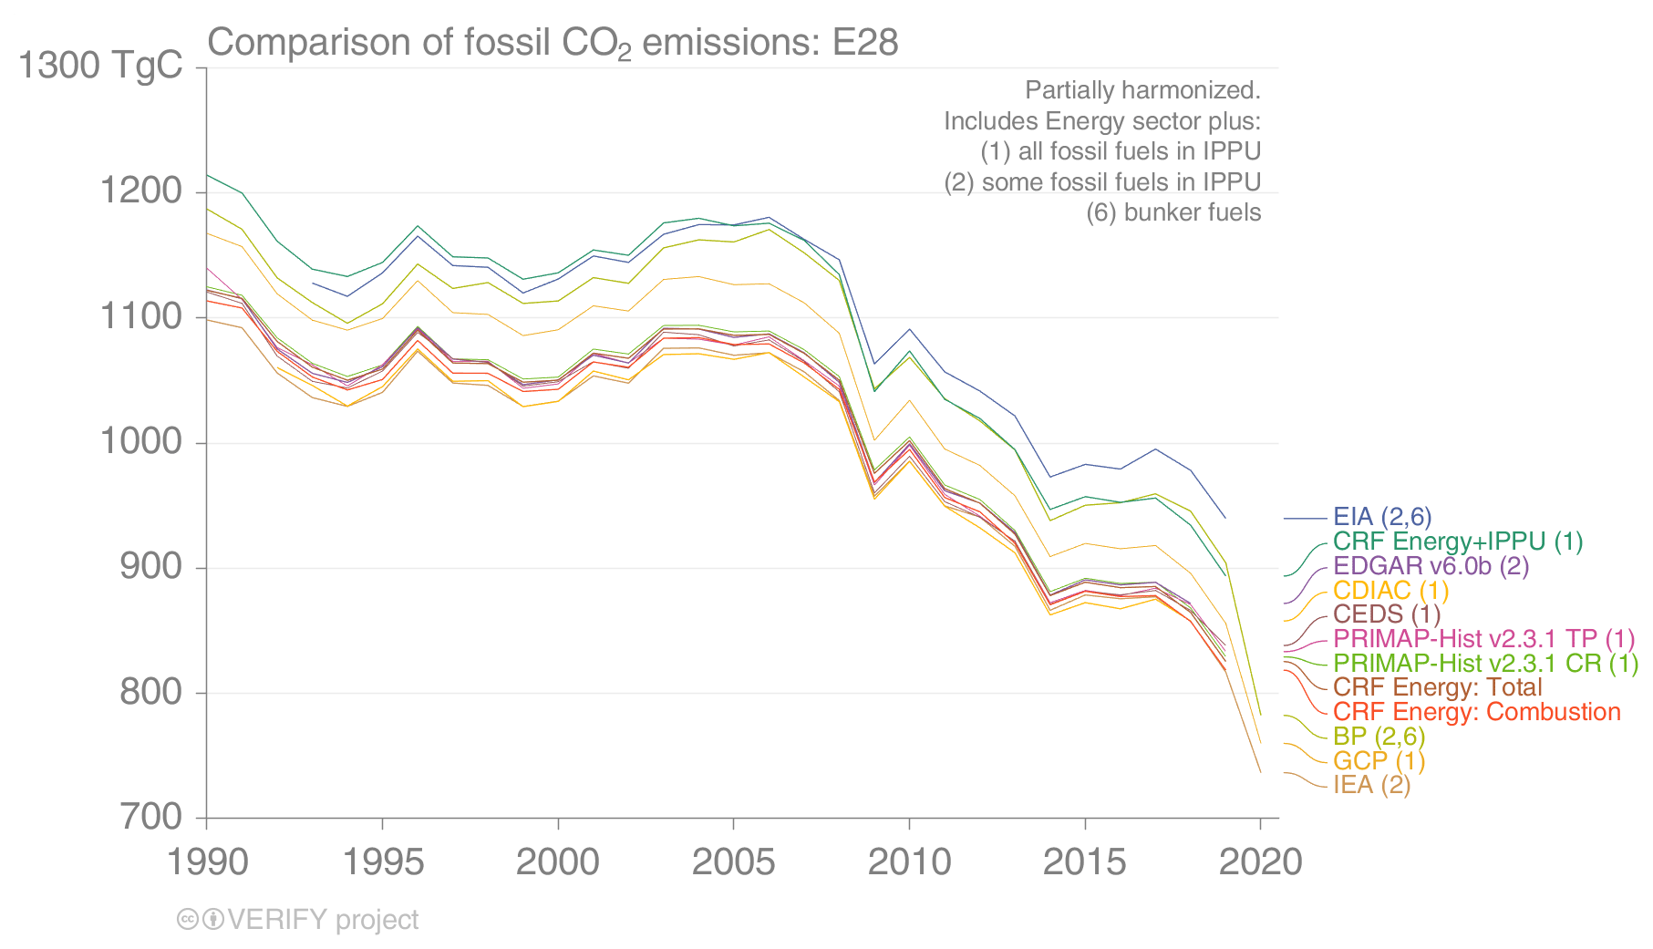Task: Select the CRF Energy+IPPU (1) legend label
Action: pos(1457,542)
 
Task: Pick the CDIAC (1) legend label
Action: pos(1390,591)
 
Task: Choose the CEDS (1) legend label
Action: pos(1386,615)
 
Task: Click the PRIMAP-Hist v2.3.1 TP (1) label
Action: pos(1483,640)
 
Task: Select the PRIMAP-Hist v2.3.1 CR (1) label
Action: pos(1485,664)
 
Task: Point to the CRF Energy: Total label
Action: pos(1437,688)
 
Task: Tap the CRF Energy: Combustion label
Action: pos(1476,713)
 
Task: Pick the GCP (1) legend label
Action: pos(1379,761)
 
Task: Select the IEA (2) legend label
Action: pos(1371,785)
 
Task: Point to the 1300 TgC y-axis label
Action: pos(100,66)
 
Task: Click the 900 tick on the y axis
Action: pos(151,567)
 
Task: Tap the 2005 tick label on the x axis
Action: pos(733,861)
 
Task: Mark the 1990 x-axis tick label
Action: pos(207,861)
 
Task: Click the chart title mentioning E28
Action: pos(553,43)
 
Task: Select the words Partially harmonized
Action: pos(1142,90)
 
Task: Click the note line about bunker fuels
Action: pos(1173,212)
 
